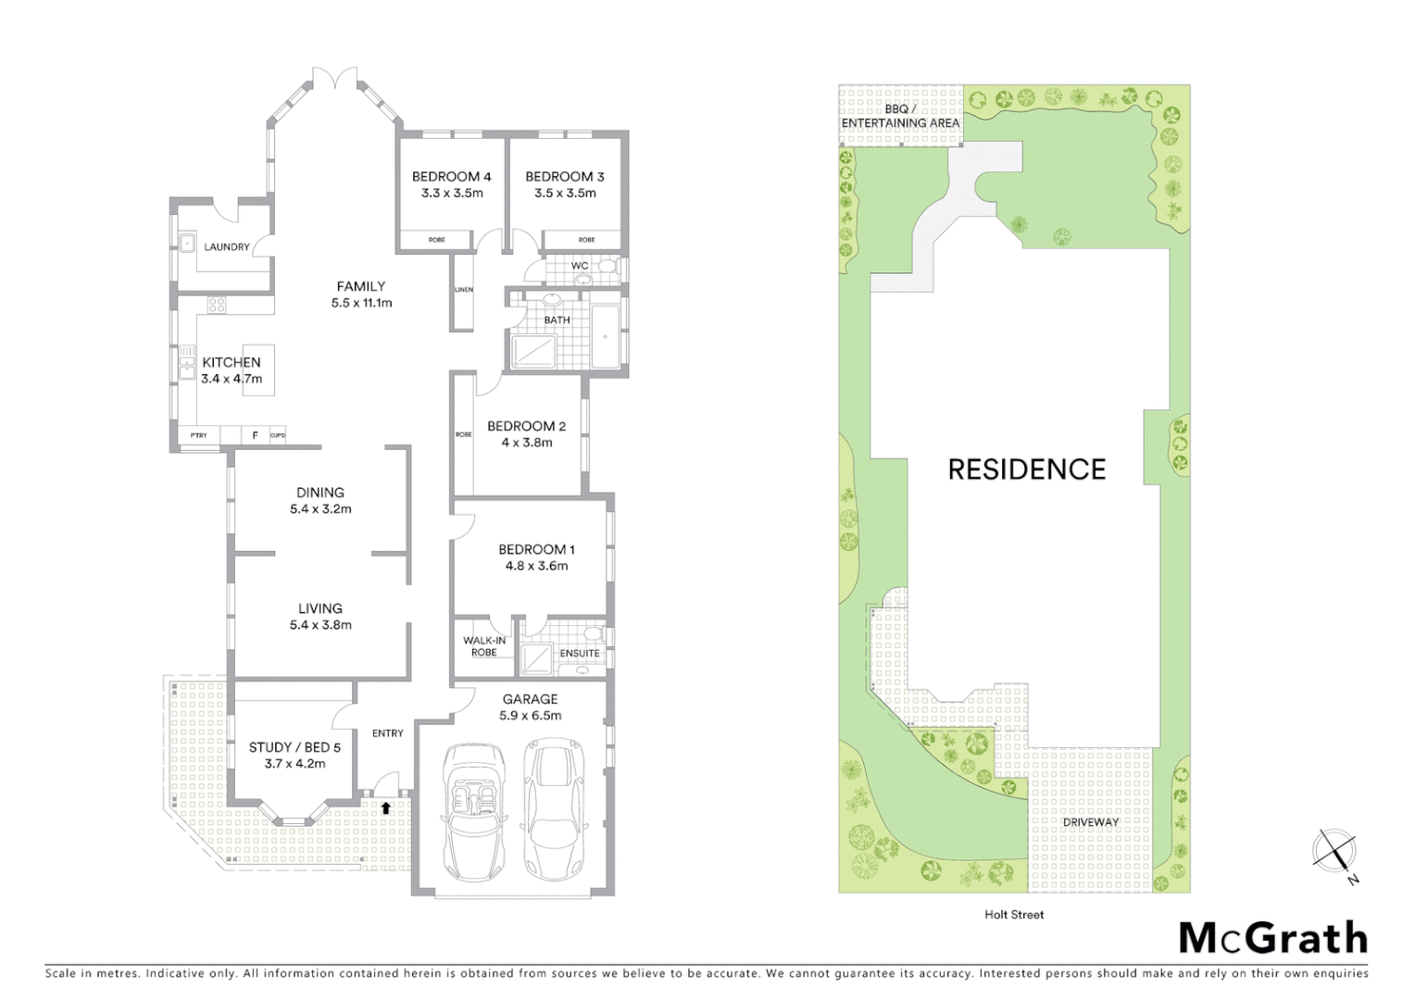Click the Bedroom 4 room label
pyautogui.click(x=451, y=176)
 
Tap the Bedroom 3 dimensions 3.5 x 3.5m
pyautogui.click(x=565, y=194)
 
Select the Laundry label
pyautogui.click(x=226, y=247)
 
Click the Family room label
pyautogui.click(x=360, y=286)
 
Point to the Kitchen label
pyautogui.click(x=232, y=362)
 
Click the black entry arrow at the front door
pyautogui.click(x=385, y=808)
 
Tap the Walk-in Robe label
pyautogui.click(x=484, y=646)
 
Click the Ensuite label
pyautogui.click(x=580, y=654)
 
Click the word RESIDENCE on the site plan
pyautogui.click(x=1026, y=469)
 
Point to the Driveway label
pyautogui.click(x=1090, y=822)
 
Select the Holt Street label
pyautogui.click(x=1014, y=915)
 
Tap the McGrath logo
pyautogui.click(x=1273, y=938)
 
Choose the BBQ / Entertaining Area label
pyautogui.click(x=900, y=116)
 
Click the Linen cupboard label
pyautogui.click(x=464, y=290)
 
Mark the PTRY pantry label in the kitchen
pyautogui.click(x=199, y=435)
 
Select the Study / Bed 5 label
pyautogui.click(x=294, y=747)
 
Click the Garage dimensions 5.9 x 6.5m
pyautogui.click(x=530, y=716)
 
